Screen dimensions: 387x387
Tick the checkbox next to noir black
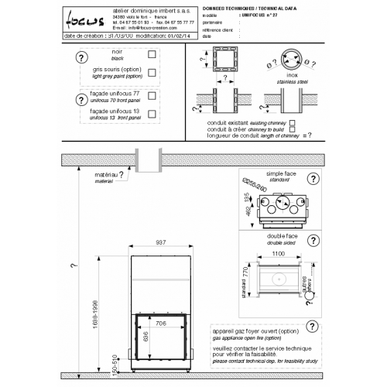tap(152, 55)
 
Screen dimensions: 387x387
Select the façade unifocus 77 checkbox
tap(152, 97)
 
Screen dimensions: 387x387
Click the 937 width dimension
tap(160, 241)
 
